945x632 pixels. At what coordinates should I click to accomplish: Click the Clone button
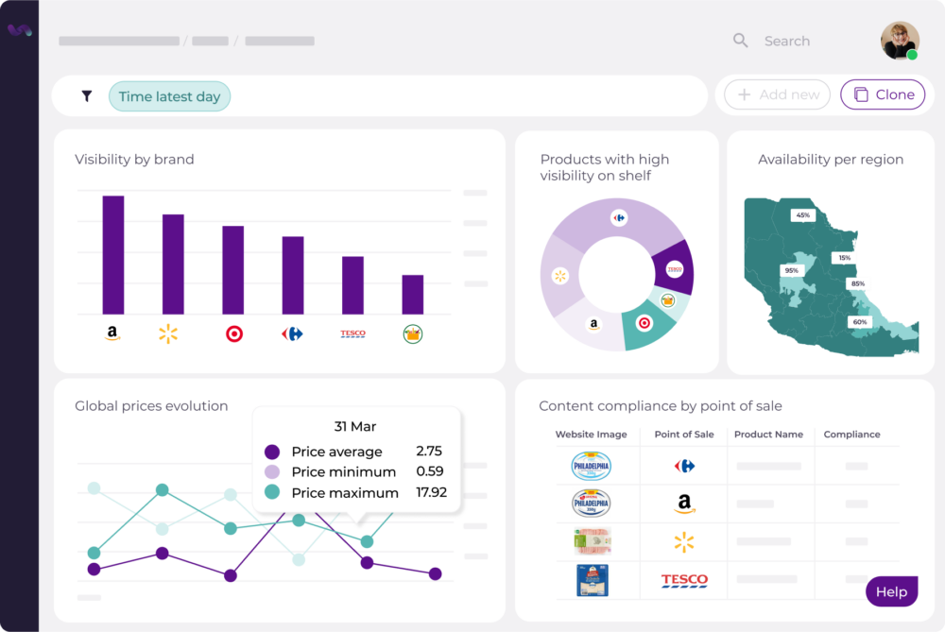[x=883, y=94]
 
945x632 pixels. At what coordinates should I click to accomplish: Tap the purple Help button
[x=891, y=592]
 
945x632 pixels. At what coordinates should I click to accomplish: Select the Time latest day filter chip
[x=169, y=96]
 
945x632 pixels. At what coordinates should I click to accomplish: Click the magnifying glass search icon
[x=741, y=41]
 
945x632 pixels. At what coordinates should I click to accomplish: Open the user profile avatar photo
[x=900, y=41]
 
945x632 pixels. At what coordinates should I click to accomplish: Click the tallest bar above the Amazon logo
[x=113, y=255]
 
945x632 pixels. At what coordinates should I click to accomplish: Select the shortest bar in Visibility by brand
[x=413, y=295]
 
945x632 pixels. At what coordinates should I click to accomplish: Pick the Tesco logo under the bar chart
[x=352, y=333]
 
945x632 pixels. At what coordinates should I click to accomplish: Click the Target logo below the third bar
[x=233, y=333]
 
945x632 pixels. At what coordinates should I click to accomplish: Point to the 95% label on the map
[x=791, y=270]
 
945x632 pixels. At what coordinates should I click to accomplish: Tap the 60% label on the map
[x=859, y=322]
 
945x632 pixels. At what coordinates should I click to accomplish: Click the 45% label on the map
[x=802, y=215]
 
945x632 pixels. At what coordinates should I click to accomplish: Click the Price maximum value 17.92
[x=431, y=492]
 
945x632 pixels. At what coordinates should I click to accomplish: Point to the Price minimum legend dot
[x=272, y=472]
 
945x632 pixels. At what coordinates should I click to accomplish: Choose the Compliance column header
[x=851, y=435]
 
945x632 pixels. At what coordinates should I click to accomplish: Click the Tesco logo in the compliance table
[x=684, y=580]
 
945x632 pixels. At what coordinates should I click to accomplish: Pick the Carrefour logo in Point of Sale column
[x=684, y=466]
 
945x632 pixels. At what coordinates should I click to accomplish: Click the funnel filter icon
[x=87, y=96]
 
